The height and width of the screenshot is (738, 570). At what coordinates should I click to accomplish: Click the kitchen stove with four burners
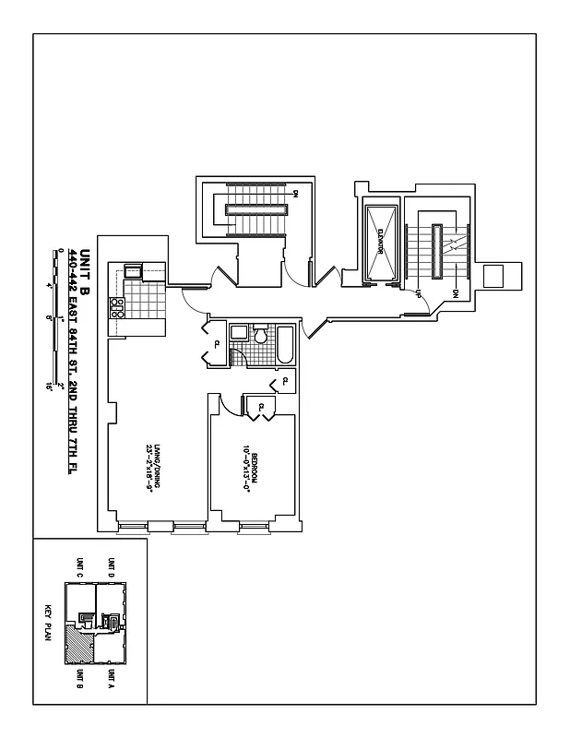click(x=117, y=309)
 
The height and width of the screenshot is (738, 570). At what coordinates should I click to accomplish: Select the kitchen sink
click(x=133, y=271)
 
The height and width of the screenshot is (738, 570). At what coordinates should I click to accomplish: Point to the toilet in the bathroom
click(x=260, y=337)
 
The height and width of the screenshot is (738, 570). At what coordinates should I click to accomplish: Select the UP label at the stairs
click(x=419, y=294)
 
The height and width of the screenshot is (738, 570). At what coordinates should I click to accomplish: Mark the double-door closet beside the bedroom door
click(x=260, y=406)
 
